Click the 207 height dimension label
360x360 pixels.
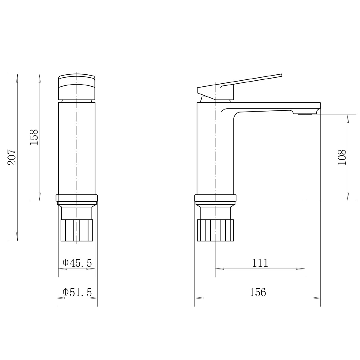12,157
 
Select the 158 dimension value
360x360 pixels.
34,137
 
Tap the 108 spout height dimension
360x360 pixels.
342,157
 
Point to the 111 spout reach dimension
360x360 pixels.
260,263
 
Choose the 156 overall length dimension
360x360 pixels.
258,292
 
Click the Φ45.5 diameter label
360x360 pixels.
77,263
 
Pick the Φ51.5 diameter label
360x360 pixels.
77,292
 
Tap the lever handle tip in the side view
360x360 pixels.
281,75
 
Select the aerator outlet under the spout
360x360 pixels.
304,114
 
